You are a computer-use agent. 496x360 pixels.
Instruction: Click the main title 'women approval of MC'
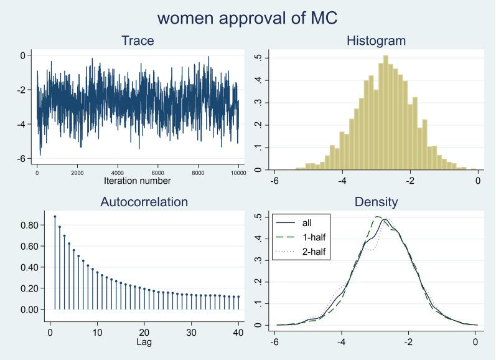pyautogui.click(x=248, y=18)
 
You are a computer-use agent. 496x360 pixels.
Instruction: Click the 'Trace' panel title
pyautogui.click(x=137, y=42)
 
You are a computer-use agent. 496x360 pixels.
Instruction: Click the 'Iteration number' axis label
pyautogui.click(x=137, y=181)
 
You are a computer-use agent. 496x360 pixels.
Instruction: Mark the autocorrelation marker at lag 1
pyautogui.click(x=55, y=217)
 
